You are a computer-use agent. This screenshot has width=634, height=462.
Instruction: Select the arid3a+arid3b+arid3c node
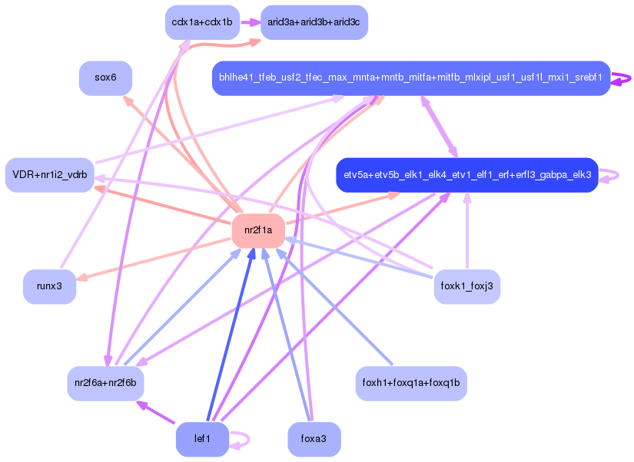pos(314,22)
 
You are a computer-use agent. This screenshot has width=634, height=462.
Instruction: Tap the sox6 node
pos(105,78)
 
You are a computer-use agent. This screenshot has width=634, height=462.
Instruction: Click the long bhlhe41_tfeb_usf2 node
pos(411,78)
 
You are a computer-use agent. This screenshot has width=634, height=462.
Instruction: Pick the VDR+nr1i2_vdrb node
pos(50,175)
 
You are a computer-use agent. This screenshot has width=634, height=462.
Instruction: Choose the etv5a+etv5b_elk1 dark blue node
pos(466,175)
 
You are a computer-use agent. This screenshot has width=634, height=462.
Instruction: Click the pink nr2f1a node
pos(258,230)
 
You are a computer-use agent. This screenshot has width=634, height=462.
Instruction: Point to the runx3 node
pos(49,285)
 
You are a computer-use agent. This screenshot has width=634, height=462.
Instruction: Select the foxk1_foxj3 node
pos(466,286)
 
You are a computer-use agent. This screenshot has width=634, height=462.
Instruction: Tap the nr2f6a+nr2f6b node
pos(105,382)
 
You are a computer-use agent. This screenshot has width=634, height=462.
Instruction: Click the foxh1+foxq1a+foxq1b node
pos(411,382)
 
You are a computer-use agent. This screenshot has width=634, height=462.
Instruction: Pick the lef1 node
pos(202,439)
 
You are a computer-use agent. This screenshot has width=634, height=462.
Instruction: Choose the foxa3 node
pos(314,439)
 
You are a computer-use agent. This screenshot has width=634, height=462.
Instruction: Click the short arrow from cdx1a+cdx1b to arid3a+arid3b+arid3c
pos(251,22)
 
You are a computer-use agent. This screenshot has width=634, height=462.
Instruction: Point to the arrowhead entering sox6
pos(128,101)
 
